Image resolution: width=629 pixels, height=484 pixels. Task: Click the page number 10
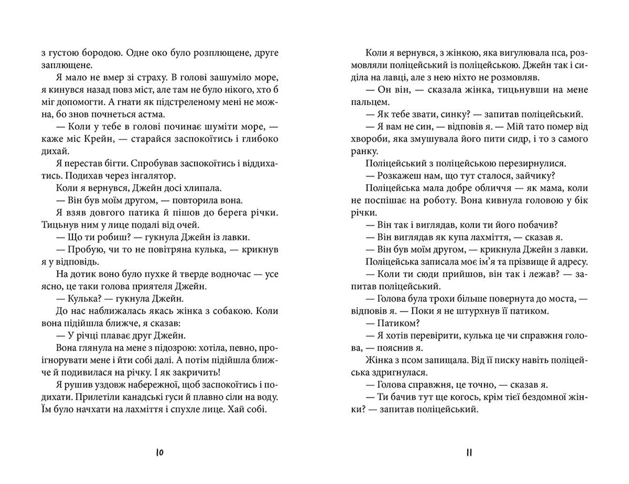click(160, 453)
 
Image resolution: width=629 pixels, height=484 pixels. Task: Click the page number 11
click(469, 453)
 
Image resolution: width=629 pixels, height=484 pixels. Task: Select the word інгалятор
click(153, 176)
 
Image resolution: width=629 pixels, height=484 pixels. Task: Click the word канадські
click(155, 397)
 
